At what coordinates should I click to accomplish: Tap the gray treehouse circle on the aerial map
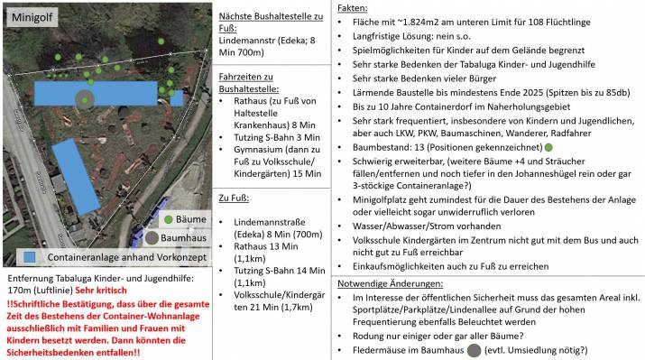86,100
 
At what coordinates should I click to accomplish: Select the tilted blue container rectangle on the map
74,176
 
